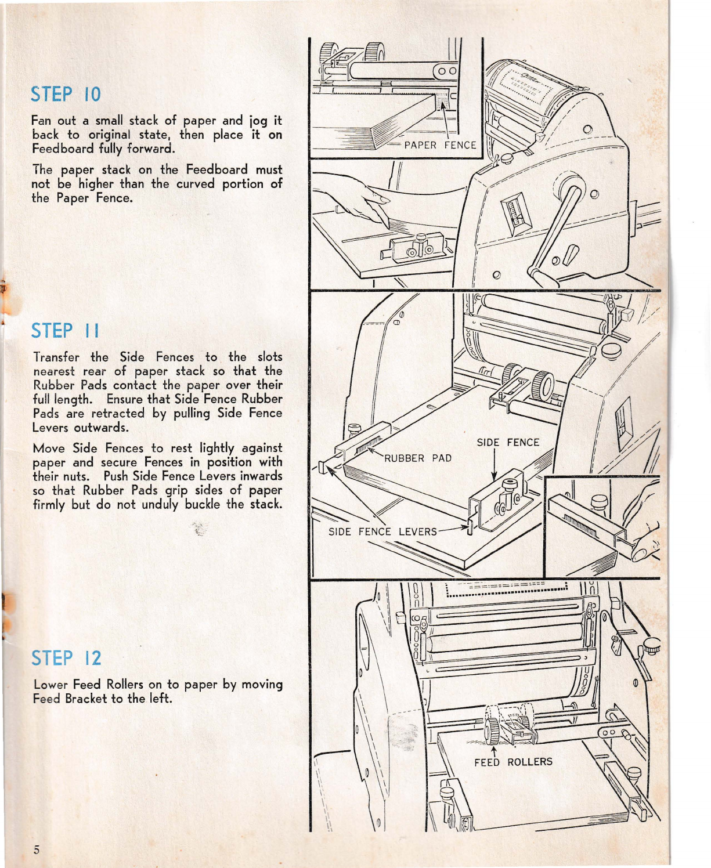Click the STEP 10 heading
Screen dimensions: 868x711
(66, 94)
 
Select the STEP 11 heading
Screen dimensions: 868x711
(65, 331)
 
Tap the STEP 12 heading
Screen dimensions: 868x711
(66, 658)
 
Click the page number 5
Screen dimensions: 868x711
(37, 850)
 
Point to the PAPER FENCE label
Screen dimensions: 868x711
(440, 145)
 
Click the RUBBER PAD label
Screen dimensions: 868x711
(417, 458)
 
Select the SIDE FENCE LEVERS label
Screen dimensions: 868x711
(382, 531)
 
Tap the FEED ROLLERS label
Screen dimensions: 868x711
(513, 762)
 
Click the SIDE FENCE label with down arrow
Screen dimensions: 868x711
(508, 442)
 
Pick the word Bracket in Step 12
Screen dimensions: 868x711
(86, 699)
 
